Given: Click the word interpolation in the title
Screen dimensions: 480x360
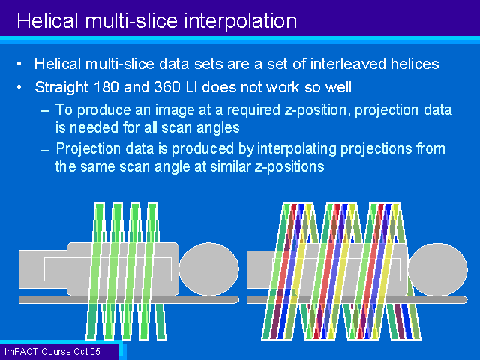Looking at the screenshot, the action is [240, 22].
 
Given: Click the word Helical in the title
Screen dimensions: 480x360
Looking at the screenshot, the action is [47, 21].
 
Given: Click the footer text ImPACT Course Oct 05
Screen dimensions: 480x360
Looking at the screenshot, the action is [52, 352].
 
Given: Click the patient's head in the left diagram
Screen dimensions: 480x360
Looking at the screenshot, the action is [208, 268].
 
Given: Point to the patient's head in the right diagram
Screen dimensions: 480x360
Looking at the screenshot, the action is [438, 269].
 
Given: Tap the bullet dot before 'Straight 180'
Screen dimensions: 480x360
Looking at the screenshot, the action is [19, 87].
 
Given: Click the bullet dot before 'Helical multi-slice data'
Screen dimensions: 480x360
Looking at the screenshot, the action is [19, 64].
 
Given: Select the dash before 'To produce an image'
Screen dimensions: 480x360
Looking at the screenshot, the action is [44, 111].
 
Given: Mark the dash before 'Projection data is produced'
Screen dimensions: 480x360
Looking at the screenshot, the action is [44, 150].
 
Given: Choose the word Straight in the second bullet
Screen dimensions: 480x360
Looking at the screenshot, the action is [61, 87].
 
